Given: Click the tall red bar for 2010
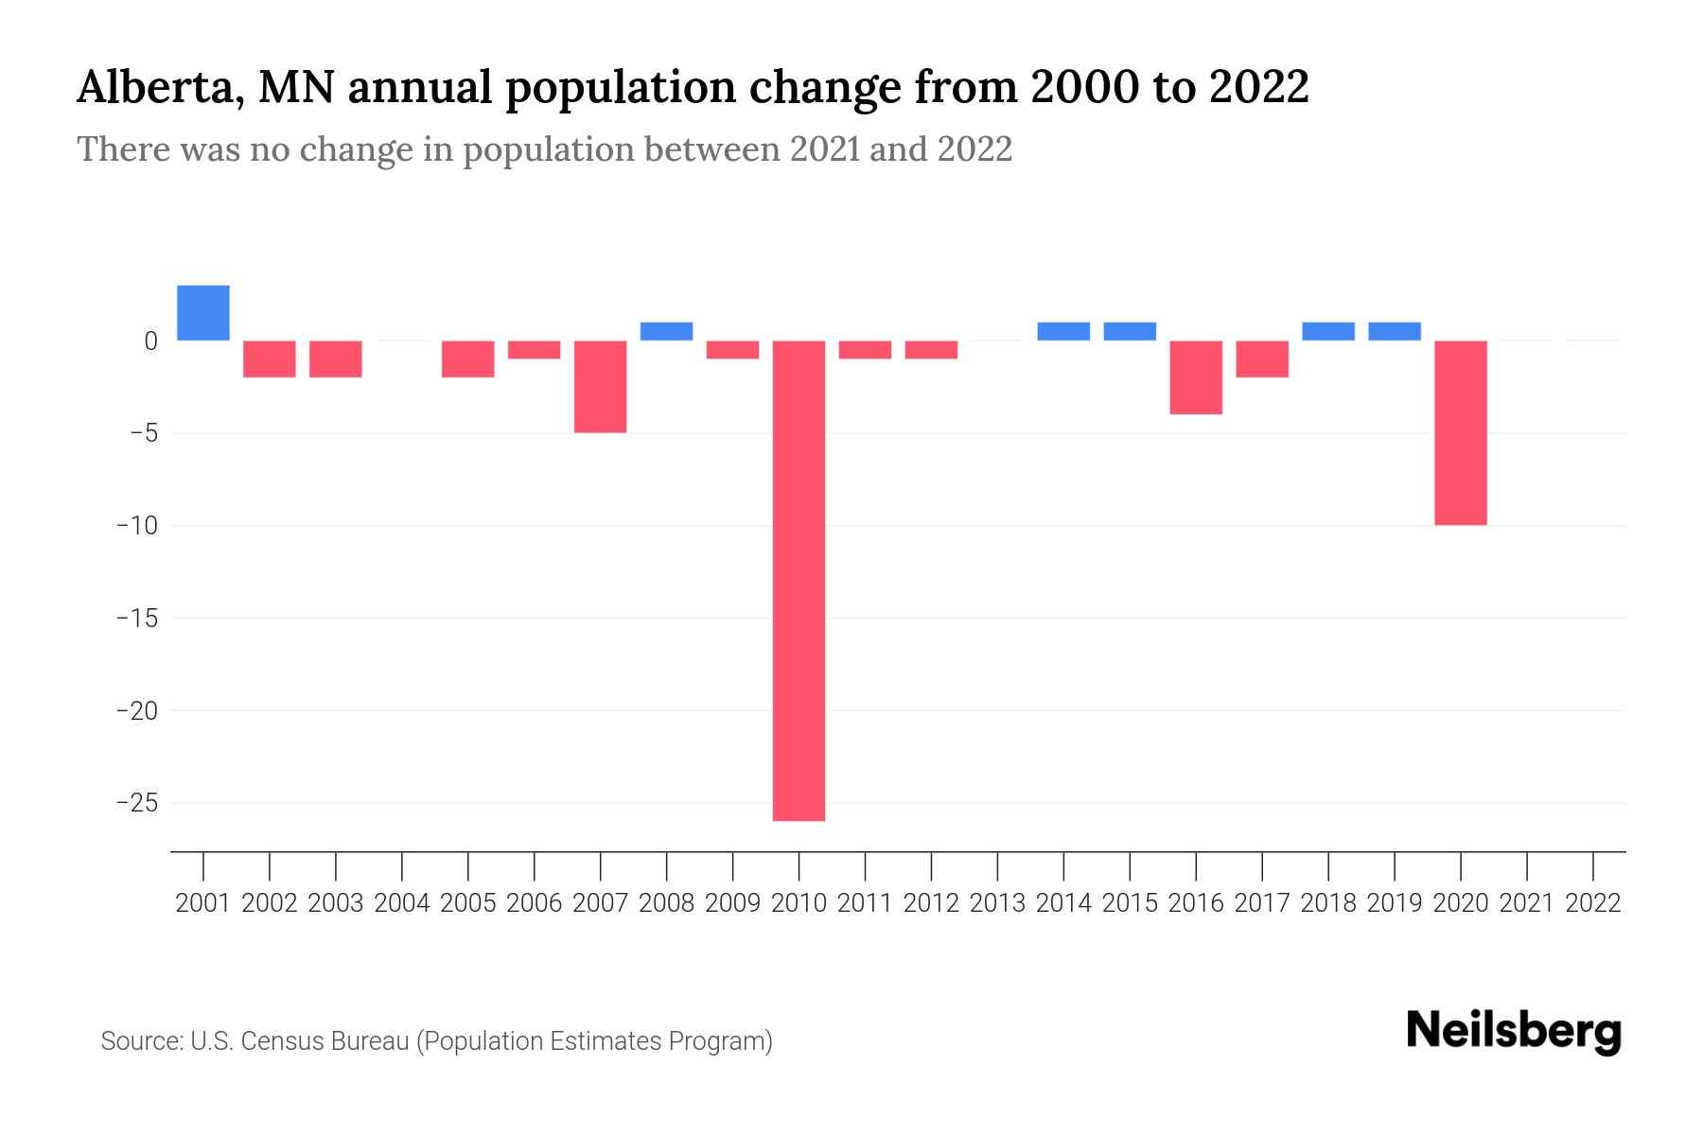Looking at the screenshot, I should coord(799,580).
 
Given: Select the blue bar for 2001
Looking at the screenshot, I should coord(203,313).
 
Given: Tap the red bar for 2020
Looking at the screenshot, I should coord(1460,432).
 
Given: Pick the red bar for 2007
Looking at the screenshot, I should coord(600,386).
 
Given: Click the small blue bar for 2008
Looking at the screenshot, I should coord(666,331).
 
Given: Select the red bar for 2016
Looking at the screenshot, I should coord(1196,376).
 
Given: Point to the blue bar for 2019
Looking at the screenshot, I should coord(1394,331).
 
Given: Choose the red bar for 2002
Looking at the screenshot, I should coord(270,358).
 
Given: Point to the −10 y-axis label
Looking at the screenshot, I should coord(137,525).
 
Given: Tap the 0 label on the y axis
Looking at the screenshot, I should coord(150,340).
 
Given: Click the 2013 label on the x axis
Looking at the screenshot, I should coord(997,903).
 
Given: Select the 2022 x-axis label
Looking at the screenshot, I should coord(1592,903).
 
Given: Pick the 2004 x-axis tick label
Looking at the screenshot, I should coord(402,903).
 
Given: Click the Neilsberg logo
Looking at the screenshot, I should coord(1513,1032).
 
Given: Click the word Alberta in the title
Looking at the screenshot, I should coord(154,88).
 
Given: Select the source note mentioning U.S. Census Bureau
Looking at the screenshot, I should coord(436,1041).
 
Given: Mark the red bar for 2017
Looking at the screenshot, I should coord(1261,358).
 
